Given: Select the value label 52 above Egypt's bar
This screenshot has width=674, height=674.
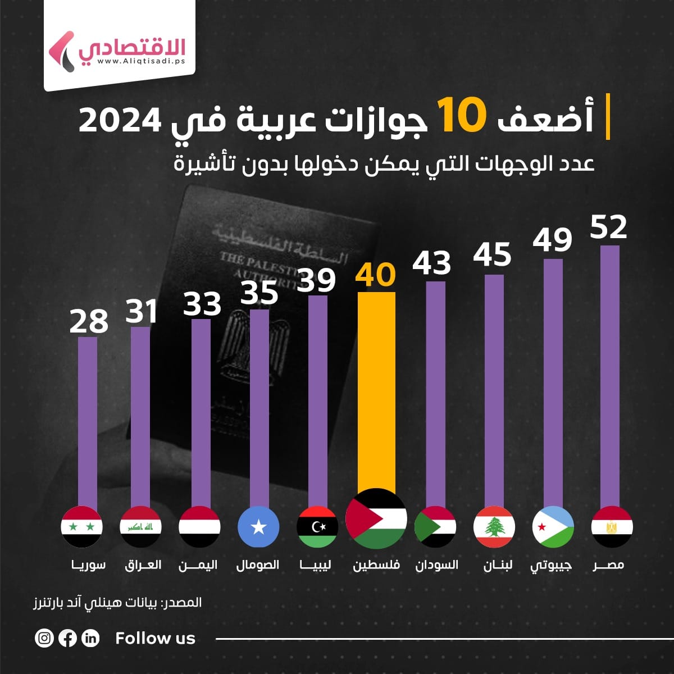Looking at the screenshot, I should pyautogui.click(x=608, y=227).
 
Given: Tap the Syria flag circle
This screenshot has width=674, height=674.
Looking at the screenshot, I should pyautogui.click(x=81, y=527).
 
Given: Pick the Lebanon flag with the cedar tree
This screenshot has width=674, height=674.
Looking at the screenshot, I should pyautogui.click(x=494, y=527).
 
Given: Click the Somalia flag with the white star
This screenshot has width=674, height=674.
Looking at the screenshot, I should pyautogui.click(x=258, y=527).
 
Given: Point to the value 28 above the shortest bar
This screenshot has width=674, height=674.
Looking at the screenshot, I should pyautogui.click(x=89, y=321).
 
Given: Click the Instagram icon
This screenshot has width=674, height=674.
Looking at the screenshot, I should pyautogui.click(x=44, y=638).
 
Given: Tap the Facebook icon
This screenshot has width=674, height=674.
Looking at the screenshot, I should pyautogui.click(x=67, y=638).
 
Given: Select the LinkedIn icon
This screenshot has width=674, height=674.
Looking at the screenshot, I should pyautogui.click(x=90, y=638).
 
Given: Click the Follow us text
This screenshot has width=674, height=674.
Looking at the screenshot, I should pyautogui.click(x=155, y=638).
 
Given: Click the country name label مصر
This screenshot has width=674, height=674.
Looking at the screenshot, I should pyautogui.click(x=609, y=564).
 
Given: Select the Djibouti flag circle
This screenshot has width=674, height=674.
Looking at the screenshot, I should pyautogui.click(x=553, y=527).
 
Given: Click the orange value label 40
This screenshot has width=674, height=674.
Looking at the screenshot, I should pyautogui.click(x=376, y=275).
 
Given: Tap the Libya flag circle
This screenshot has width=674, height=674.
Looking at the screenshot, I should pyautogui.click(x=317, y=527).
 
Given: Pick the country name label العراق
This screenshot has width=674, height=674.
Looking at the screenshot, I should pyautogui.click(x=143, y=564).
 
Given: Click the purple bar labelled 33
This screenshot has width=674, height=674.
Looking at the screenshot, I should pyautogui.click(x=201, y=410).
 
